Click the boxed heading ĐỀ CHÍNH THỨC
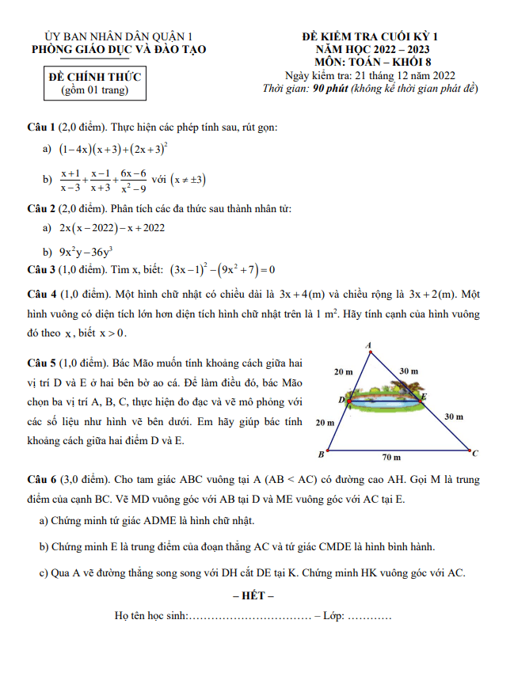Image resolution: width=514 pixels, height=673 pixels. [x=94, y=77]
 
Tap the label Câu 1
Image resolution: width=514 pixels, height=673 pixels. [x=40, y=127]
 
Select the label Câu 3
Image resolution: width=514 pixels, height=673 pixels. [x=40, y=268]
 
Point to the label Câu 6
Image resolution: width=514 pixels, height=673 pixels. [x=40, y=480]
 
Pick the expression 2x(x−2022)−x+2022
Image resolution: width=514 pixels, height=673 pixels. [x=112, y=227]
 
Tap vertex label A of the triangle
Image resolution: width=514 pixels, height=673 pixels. [x=369, y=345]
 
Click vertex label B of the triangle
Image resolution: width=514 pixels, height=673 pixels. [x=321, y=454]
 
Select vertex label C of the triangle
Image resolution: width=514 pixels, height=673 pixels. [x=474, y=454]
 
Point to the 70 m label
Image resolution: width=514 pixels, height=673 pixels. [x=391, y=458]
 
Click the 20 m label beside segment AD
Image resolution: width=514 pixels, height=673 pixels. [x=344, y=371]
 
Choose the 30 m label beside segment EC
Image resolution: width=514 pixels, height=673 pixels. [x=454, y=416]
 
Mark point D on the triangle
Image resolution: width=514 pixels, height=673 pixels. [x=343, y=400]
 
